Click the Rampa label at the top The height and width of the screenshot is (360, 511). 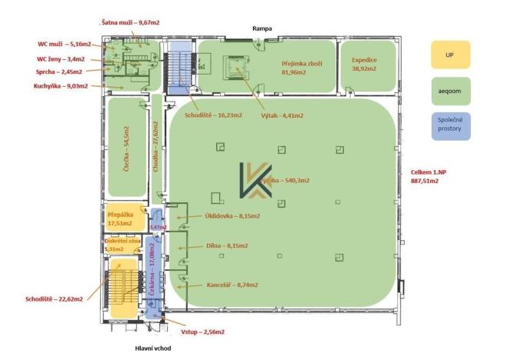click(x=263, y=29)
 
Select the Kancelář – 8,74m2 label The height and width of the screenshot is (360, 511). click(x=232, y=285)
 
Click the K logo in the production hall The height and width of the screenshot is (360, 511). click(x=255, y=182)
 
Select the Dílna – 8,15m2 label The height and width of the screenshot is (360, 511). click(x=226, y=246)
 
